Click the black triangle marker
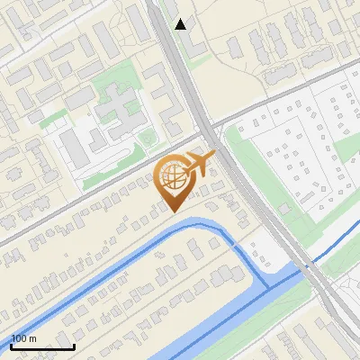[x=181, y=23]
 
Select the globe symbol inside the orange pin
[x=171, y=176]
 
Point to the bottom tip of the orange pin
[x=171, y=212]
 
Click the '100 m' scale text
[x=23, y=338]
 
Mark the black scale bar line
[x=42, y=346]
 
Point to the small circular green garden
[x=147, y=138]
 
